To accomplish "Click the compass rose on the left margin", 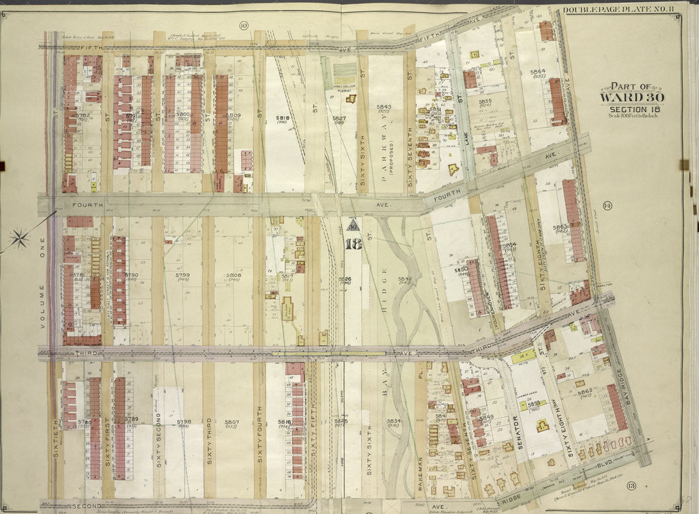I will click(20, 238).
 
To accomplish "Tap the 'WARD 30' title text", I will click(631, 97).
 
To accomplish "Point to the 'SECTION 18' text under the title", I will click(631, 108).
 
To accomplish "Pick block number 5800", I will click(182, 115).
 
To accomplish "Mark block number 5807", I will click(232, 422).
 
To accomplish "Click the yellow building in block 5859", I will click(542, 426).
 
